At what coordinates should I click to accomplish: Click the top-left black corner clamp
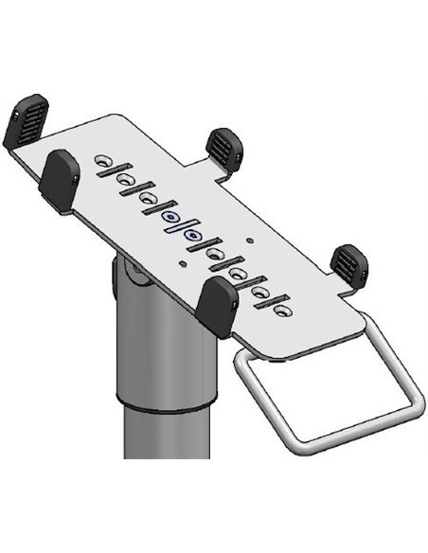pos(26,121)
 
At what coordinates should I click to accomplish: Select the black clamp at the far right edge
pos(348,264)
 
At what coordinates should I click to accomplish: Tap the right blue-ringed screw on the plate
pos(193,233)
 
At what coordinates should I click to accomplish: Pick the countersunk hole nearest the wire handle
pos(281,309)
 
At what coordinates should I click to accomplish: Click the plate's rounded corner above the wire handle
pos(355,327)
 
